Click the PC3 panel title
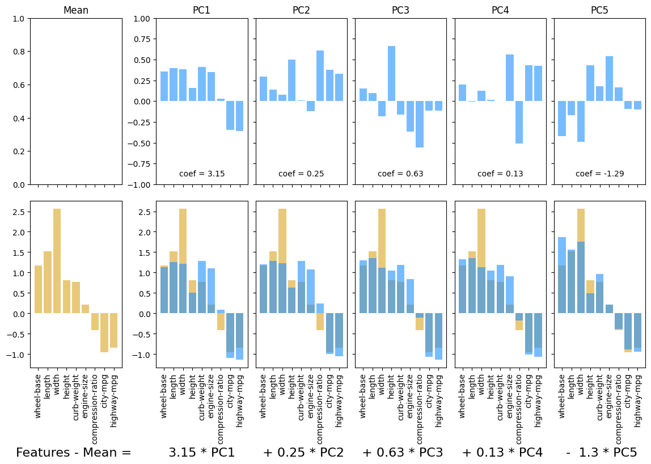[400, 10]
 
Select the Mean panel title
[76, 10]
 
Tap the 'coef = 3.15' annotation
[202, 174]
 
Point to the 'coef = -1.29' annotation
[600, 174]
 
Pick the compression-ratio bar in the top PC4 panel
[519, 122]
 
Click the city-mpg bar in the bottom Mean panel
[104, 332]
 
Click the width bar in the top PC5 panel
[581, 121]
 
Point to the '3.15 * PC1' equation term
[202, 452]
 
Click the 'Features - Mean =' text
[74, 452]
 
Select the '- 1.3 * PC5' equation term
[601, 452]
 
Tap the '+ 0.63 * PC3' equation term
[403, 452]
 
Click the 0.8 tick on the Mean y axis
[19, 52]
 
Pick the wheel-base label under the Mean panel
[38, 396]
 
